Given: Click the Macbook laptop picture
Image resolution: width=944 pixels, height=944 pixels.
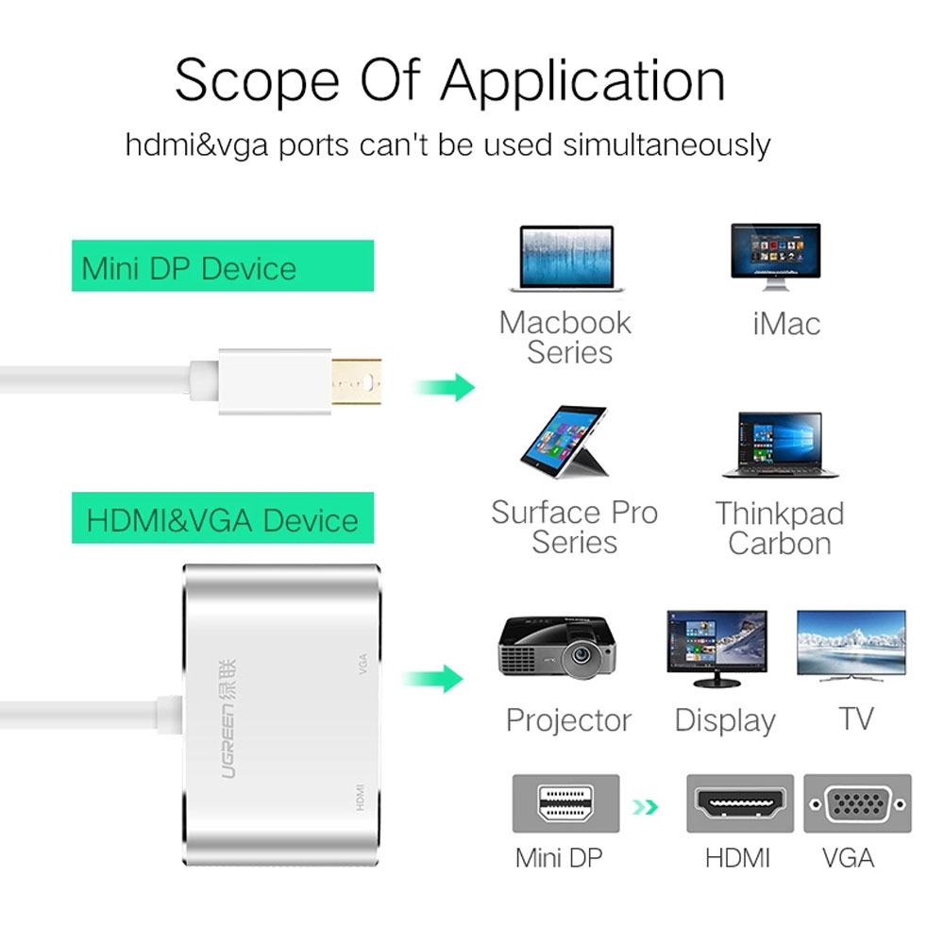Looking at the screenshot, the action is click(x=565, y=259).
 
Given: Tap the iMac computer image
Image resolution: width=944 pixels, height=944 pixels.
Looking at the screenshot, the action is click(x=775, y=257).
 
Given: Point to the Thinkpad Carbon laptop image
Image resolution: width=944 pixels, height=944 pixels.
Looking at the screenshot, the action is click(x=780, y=445).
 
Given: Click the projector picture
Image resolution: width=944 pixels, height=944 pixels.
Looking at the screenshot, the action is click(x=557, y=648).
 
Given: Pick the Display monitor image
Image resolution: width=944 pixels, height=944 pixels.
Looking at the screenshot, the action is click(x=717, y=649).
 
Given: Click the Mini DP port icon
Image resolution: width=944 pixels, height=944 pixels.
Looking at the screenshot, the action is click(x=565, y=803).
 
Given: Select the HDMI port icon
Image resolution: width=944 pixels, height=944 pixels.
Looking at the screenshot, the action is click(x=740, y=803).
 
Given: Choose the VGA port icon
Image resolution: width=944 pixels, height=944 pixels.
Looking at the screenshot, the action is click(x=857, y=803).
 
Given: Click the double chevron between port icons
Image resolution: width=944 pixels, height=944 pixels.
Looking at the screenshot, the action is click(x=645, y=807).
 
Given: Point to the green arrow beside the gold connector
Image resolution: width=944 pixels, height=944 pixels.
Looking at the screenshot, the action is click(x=446, y=387).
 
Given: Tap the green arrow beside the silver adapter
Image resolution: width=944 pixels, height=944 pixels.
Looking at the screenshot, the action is click(x=433, y=679).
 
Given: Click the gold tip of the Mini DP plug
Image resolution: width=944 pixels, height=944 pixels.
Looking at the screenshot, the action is click(x=357, y=381).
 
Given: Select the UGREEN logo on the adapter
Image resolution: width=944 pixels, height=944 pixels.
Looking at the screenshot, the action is click(x=228, y=718).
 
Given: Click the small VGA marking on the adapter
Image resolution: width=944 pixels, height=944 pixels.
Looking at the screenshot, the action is click(x=362, y=664).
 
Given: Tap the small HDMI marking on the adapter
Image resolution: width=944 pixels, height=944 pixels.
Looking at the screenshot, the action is click(x=360, y=797).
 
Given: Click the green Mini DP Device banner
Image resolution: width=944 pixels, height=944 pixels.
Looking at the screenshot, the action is click(x=223, y=265).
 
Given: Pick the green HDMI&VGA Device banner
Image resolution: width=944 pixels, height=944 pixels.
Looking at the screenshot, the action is click(x=223, y=517).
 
